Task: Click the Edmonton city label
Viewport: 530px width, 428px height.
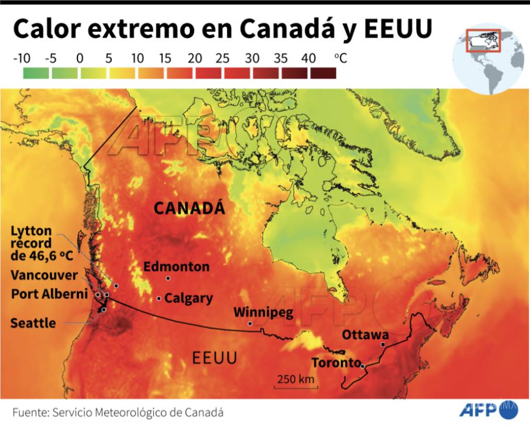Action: tap(176, 267)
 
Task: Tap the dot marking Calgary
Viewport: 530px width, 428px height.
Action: tap(159, 298)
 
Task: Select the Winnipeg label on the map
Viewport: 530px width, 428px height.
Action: tap(263, 312)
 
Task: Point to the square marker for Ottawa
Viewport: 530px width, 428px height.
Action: tap(383, 344)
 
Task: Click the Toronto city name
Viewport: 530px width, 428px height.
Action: tap(336, 363)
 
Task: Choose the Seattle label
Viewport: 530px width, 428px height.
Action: tap(33, 323)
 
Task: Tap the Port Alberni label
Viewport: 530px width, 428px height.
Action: tap(49, 294)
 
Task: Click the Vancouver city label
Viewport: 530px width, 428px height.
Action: tap(44, 275)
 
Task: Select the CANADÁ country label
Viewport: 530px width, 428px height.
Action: tap(189, 208)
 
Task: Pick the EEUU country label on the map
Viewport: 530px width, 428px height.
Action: tap(214, 358)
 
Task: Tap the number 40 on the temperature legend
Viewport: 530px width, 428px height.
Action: tap(308, 58)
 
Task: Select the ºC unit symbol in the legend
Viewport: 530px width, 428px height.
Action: tap(340, 58)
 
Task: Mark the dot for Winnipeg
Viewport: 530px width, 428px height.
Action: tap(250, 324)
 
